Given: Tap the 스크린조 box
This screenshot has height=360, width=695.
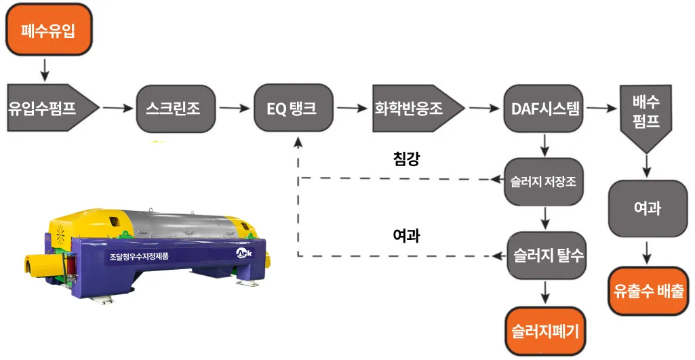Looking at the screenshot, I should click(x=173, y=108).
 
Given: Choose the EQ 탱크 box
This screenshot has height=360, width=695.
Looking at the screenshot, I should click(x=294, y=108).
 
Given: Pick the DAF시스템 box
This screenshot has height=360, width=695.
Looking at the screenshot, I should click(x=543, y=108).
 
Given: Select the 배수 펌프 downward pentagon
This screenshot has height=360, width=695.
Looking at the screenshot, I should click(x=646, y=115).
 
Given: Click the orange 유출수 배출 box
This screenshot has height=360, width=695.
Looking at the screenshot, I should click(x=648, y=292).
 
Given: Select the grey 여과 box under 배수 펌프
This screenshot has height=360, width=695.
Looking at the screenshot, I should click(x=648, y=208).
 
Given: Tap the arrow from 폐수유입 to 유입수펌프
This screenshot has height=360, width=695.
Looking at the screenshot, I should click(x=45, y=68).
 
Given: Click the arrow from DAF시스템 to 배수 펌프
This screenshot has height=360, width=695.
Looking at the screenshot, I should click(x=600, y=108).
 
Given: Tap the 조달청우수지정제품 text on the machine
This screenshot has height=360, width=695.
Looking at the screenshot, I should click(x=138, y=257).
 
